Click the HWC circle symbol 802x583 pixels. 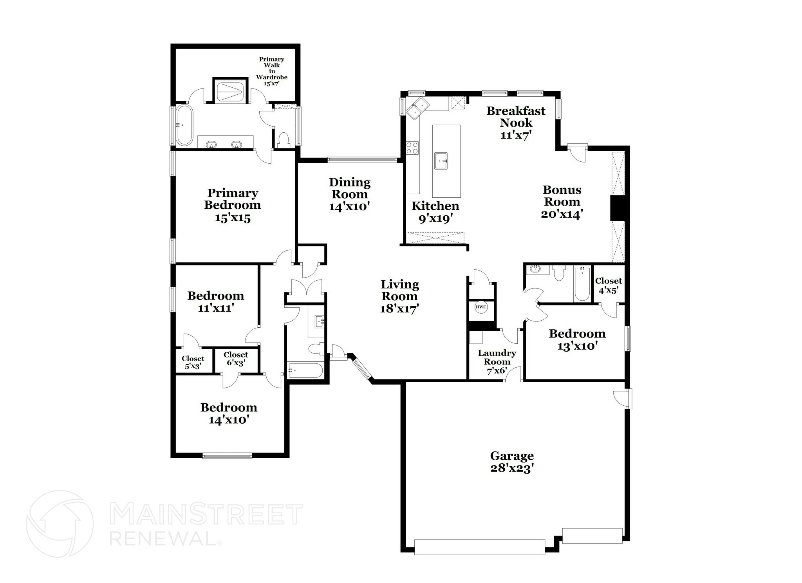(x=481, y=307)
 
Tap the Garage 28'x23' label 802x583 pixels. (x=512, y=462)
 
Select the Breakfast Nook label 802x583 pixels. (x=516, y=122)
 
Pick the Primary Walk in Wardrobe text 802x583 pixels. (x=271, y=71)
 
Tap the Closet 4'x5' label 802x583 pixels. (x=608, y=285)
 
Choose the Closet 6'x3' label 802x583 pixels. (x=236, y=359)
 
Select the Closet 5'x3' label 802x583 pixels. (x=193, y=362)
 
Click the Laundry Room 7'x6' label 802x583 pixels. (x=497, y=362)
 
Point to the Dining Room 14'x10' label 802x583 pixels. (x=349, y=194)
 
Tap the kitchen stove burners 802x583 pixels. (x=412, y=148)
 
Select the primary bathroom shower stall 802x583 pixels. (x=230, y=90)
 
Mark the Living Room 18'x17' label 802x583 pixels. (x=400, y=296)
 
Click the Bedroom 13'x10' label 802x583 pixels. (x=577, y=339)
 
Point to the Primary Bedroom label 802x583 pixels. (x=232, y=205)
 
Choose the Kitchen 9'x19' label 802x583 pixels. (x=435, y=212)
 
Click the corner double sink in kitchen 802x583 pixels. (x=417, y=108)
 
